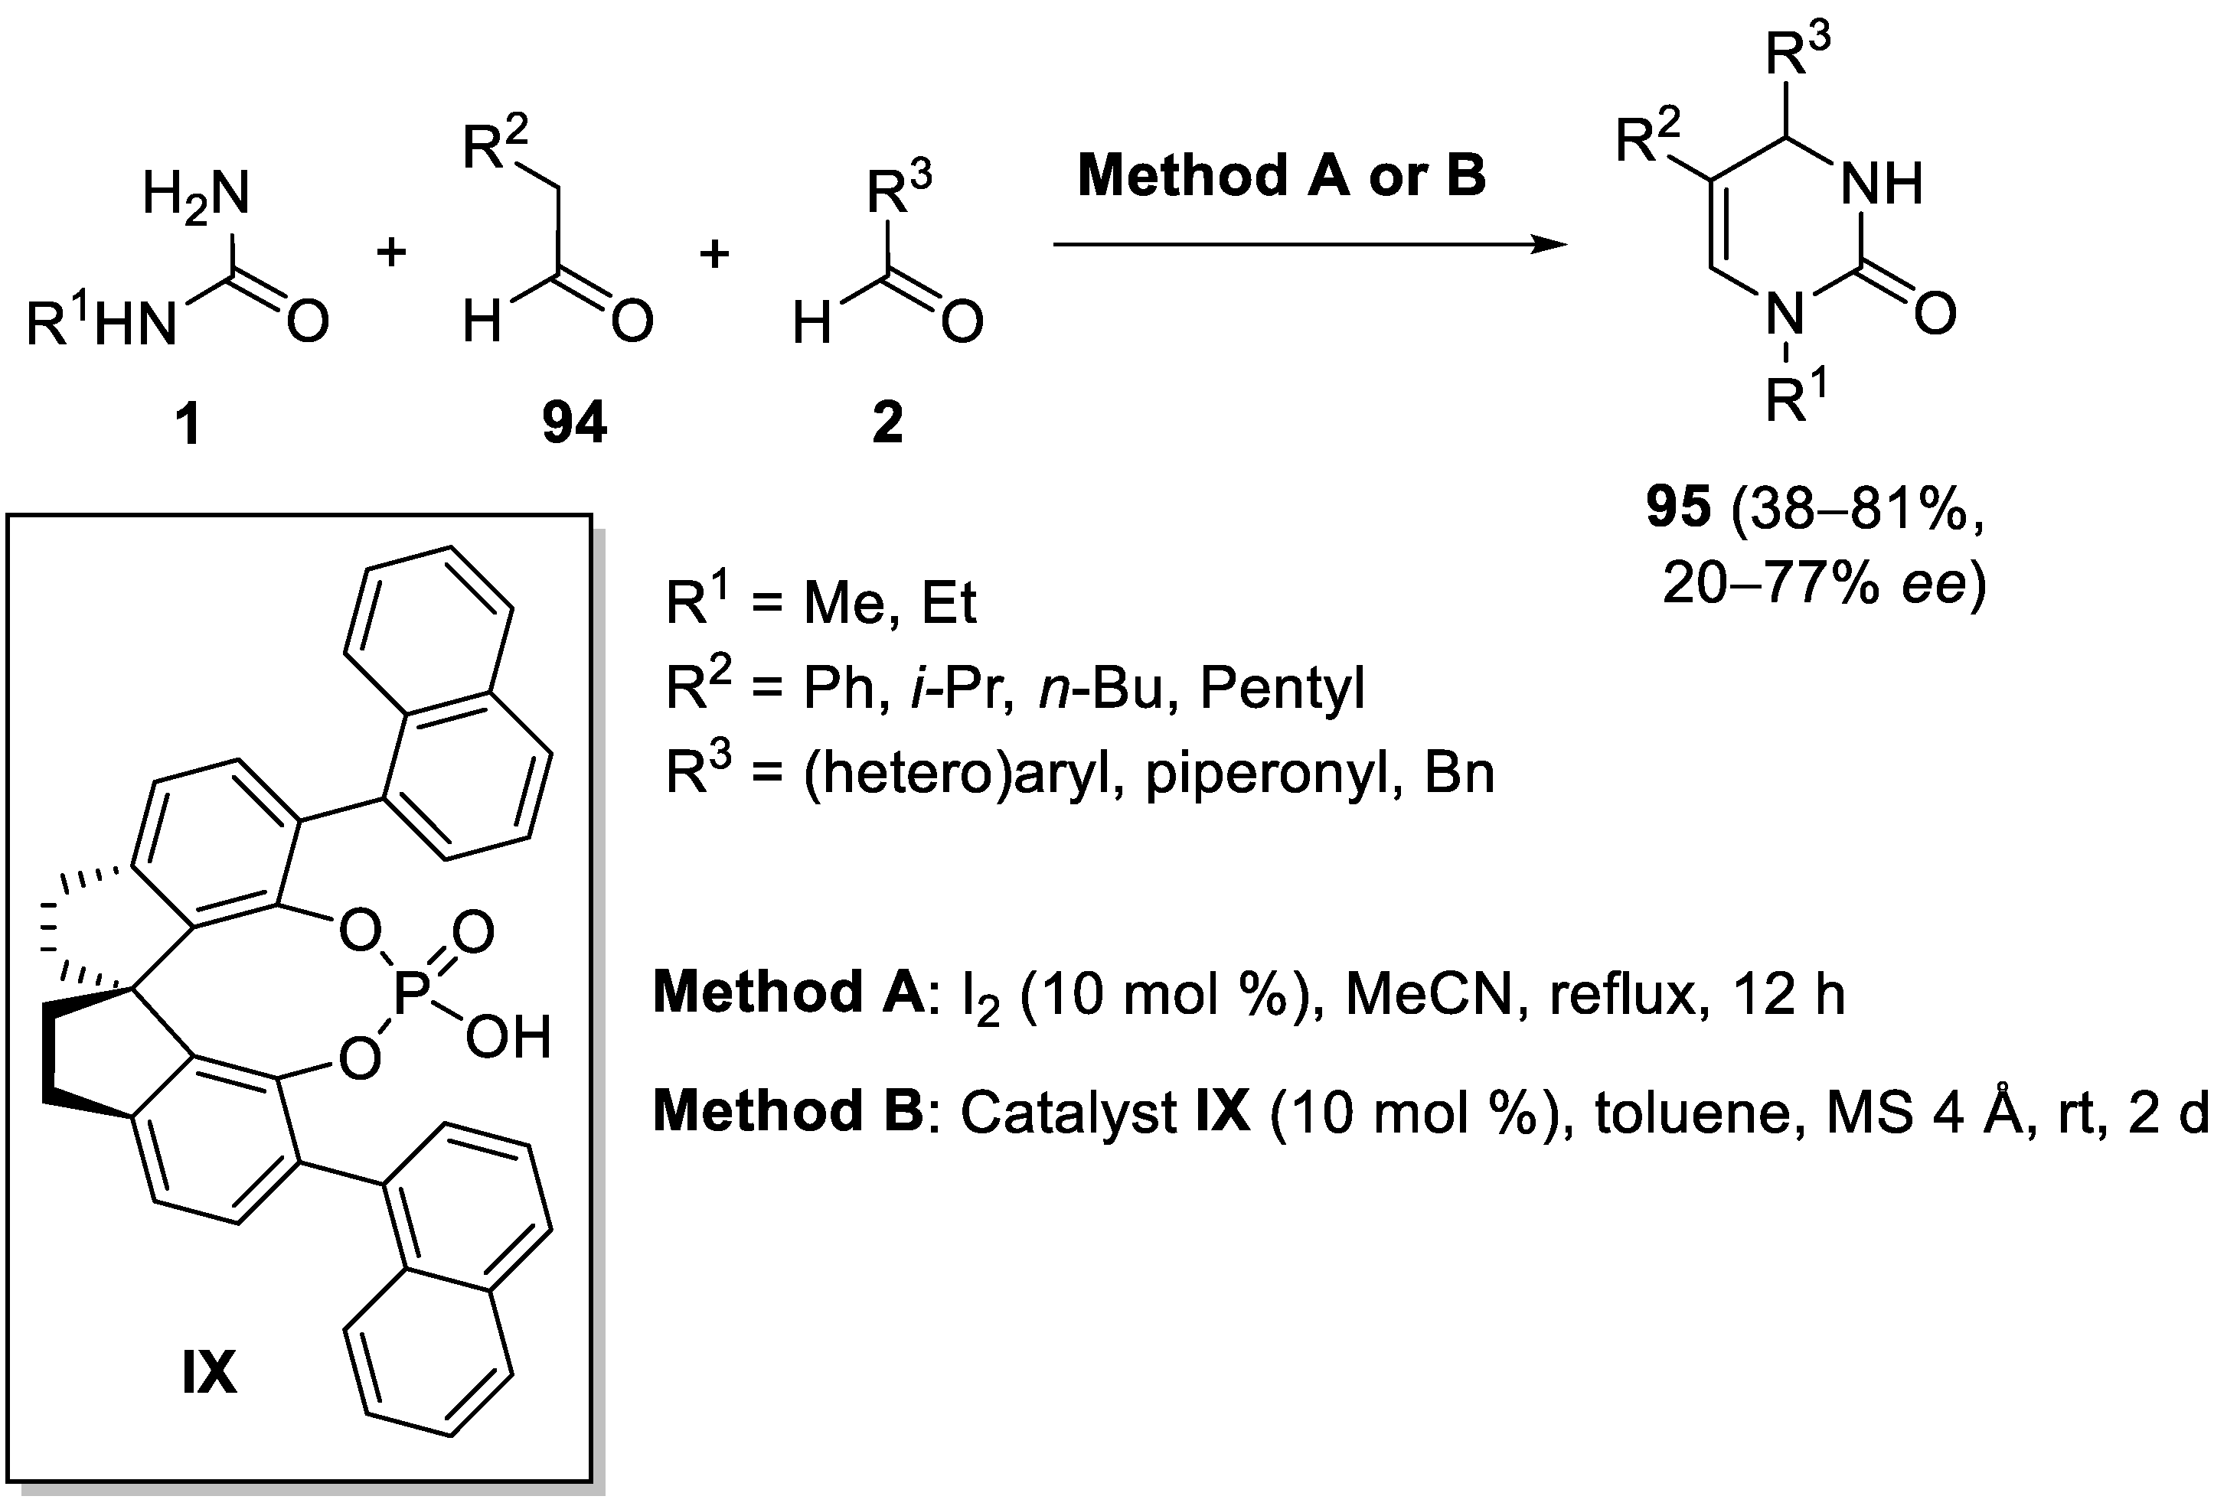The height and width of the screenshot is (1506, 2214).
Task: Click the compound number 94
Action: [x=574, y=423]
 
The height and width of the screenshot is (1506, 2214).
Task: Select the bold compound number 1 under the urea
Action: [x=188, y=424]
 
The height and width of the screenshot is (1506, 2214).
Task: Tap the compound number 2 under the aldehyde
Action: [x=887, y=423]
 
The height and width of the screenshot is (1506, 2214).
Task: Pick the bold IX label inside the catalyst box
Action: [x=209, y=1374]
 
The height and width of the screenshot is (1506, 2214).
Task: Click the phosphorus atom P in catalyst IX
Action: [x=413, y=995]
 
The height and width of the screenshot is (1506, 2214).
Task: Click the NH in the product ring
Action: [x=1882, y=183]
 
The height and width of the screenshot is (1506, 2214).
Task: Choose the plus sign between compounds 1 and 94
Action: [x=390, y=253]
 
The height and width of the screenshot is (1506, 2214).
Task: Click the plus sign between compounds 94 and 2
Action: [x=714, y=254]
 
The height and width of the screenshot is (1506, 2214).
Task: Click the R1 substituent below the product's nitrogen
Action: [x=1796, y=397]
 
